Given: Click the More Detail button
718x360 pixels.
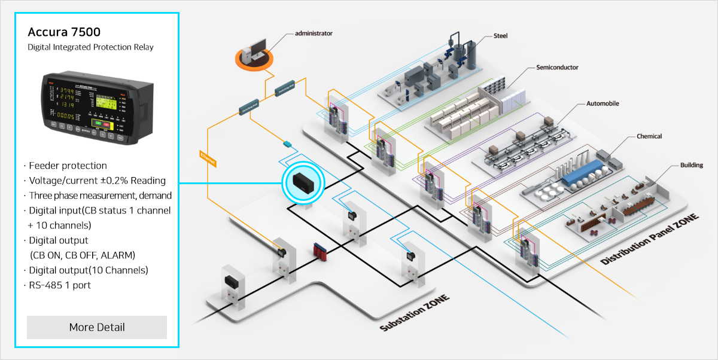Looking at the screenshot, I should point(97,327).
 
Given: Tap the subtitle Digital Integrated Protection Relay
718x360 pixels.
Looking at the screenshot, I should point(90,47).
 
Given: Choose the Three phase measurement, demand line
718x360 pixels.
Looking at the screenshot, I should point(99,196).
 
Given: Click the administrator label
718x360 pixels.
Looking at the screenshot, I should point(314,33).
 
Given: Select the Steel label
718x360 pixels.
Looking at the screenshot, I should point(500,36).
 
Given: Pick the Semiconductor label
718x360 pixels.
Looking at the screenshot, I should point(557,68).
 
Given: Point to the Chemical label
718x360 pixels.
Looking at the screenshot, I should point(649,136).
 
